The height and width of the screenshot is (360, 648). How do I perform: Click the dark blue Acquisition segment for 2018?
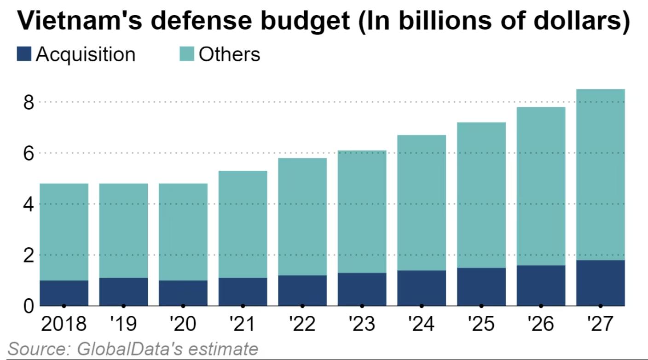[64, 293]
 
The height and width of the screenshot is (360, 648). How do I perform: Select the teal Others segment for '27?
[600, 175]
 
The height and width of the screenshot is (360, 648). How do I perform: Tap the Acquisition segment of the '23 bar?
[362, 289]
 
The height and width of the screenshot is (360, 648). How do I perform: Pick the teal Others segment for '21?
[243, 224]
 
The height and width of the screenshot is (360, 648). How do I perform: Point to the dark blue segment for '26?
[541, 285]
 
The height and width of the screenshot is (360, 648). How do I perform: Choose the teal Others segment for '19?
[123, 231]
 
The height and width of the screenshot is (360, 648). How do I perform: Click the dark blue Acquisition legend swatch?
[24, 54]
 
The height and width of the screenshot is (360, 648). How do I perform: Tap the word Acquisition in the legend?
[86, 54]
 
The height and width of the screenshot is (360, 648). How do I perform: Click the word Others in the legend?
[229, 54]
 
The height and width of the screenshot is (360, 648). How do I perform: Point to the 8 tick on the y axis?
[29, 102]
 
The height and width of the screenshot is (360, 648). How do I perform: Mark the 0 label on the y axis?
[29, 306]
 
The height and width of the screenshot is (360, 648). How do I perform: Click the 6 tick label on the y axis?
[29, 153]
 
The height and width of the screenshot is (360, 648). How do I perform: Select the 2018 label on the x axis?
[64, 324]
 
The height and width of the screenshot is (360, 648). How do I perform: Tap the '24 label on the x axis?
[421, 324]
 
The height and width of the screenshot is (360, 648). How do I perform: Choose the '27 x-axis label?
[600, 324]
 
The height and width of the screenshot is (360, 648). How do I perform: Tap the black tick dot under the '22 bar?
[302, 306]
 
